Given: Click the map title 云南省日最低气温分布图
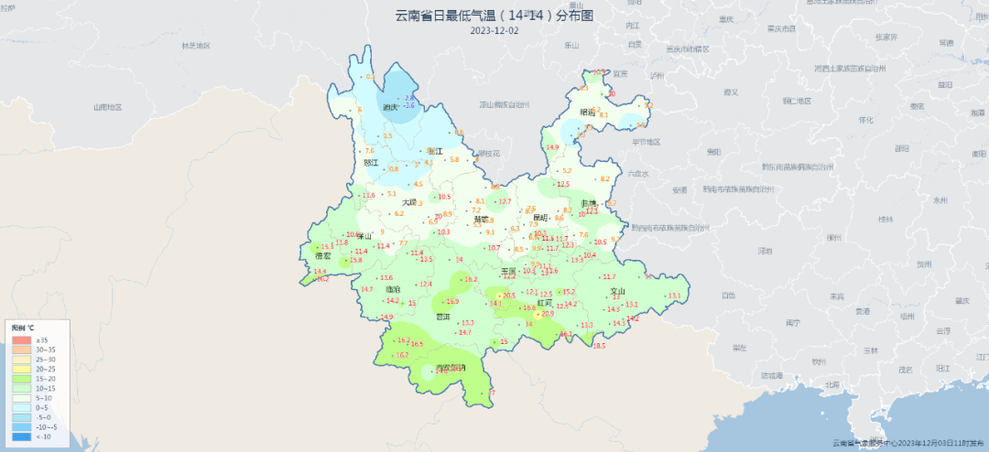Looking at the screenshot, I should (494, 16).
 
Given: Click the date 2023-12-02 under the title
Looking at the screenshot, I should (494, 30).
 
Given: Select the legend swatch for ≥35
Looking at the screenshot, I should (22, 340).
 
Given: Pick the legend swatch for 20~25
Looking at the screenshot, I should (22, 369).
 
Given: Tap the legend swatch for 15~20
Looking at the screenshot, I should (22, 379).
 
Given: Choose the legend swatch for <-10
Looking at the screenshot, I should (22, 436).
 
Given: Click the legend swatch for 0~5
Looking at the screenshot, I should (22, 407).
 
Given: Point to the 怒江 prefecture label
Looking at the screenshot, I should (371, 163).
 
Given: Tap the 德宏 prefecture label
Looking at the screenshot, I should (322, 256).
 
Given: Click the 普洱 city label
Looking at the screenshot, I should (443, 317).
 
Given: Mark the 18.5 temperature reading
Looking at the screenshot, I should (599, 346).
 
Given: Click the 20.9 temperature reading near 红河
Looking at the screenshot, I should (548, 314).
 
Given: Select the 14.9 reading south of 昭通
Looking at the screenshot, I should (551, 147).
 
